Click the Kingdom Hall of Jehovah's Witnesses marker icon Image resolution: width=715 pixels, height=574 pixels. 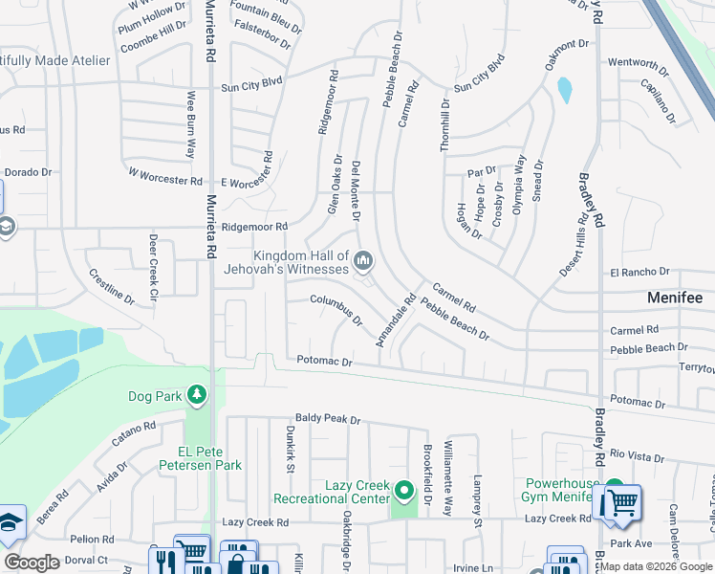pos(363,260)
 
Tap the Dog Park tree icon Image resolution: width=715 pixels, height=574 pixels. pos(196,394)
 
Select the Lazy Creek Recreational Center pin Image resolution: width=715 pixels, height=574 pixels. pos(405,493)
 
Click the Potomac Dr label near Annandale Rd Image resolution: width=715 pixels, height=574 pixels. pos(325,363)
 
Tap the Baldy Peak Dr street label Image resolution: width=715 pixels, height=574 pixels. pos(327,419)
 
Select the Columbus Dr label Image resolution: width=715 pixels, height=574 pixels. pos(336,310)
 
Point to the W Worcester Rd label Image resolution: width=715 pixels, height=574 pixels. pos(165,176)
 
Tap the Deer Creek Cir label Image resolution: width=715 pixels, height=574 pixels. pos(152,262)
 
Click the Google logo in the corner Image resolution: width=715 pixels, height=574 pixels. pos(32,563)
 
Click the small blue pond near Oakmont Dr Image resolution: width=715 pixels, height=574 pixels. pos(564,90)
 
